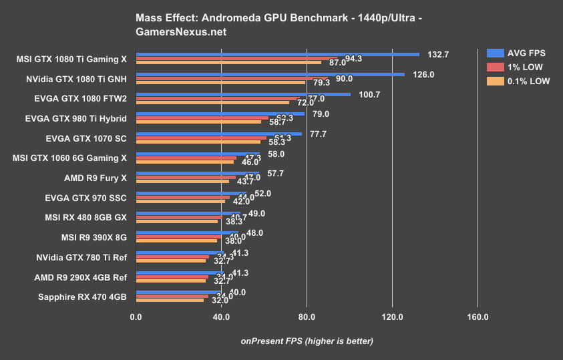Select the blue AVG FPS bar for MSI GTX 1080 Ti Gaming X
click(277, 54)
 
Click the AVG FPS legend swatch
click(495, 53)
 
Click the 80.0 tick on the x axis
click(307, 317)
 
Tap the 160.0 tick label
click(478, 317)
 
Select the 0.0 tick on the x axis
click(136, 317)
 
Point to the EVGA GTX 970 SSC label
click(84, 197)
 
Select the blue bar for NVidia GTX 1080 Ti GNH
click(270, 74)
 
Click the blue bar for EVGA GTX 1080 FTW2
click(243, 94)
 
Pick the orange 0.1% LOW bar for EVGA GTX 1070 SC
click(198, 142)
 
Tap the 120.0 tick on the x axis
click(392, 317)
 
